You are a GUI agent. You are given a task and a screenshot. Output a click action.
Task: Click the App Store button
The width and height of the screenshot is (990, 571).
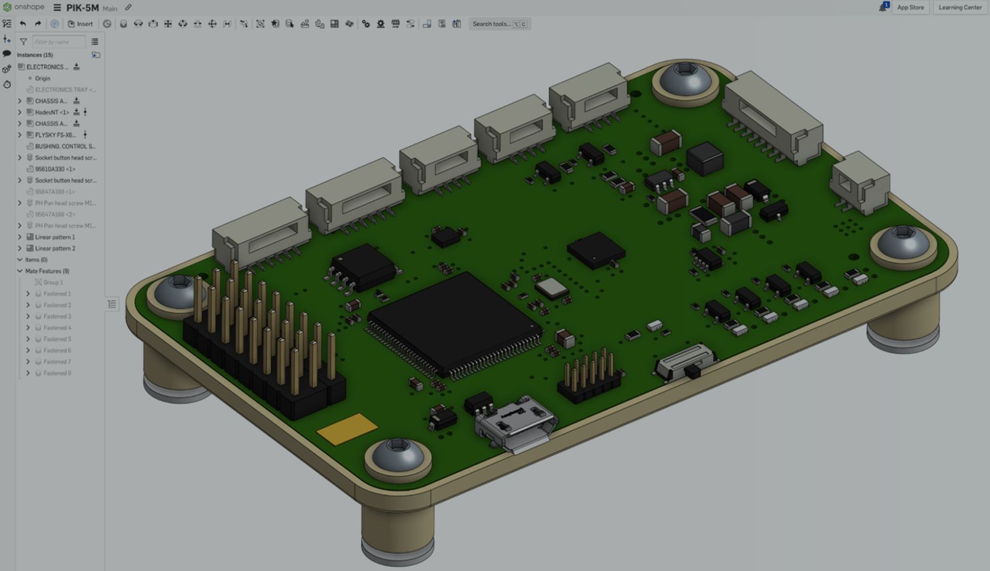pos(910,7)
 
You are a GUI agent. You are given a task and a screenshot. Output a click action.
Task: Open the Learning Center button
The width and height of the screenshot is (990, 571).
pos(960,7)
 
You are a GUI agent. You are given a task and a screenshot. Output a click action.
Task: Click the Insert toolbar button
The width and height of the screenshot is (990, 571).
pos(80,24)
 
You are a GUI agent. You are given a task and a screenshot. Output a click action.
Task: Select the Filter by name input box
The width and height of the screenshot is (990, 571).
pos(58,42)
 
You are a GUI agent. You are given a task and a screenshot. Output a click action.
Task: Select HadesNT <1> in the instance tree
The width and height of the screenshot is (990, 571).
pos(52,113)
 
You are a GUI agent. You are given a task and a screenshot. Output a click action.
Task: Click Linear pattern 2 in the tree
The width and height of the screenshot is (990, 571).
pos(55,249)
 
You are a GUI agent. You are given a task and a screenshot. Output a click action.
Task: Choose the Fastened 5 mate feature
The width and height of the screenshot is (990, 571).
pos(57,339)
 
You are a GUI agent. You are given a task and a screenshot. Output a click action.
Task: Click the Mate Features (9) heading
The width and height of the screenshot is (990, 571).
pos(47,271)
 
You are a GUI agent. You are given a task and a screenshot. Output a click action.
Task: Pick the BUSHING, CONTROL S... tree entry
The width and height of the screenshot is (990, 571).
pos(65,147)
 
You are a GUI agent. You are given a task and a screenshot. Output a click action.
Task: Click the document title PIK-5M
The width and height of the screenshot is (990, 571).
pos(82,8)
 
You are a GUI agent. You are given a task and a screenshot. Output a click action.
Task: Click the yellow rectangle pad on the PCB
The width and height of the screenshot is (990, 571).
pos(347,429)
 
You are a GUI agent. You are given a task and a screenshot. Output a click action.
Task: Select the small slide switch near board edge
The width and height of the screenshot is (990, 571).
pos(686,364)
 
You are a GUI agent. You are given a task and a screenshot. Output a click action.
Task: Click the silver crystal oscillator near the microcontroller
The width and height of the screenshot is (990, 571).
pos(552,288)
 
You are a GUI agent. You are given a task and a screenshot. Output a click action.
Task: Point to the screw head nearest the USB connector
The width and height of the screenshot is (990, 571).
pos(397,457)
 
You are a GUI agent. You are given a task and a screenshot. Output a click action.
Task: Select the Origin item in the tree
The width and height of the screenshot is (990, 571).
pos(42,79)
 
